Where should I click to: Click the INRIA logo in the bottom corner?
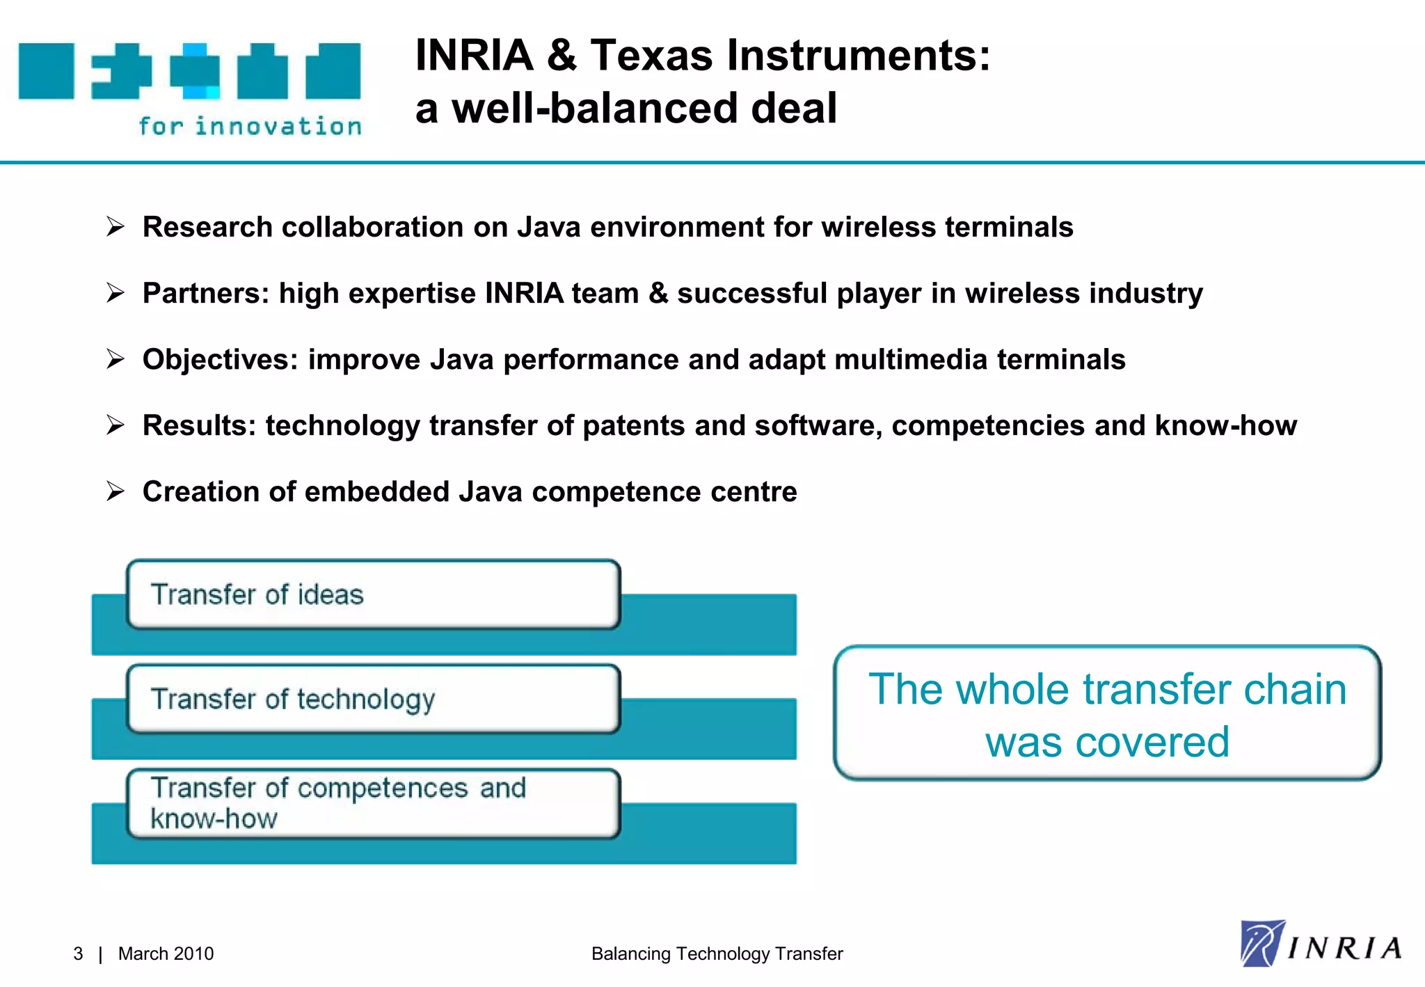tap(1321, 945)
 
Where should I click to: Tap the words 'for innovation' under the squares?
tap(250, 126)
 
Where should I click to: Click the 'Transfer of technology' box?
tap(373, 699)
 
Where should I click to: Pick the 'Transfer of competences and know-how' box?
tap(373, 803)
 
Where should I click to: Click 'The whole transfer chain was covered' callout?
tap(1107, 713)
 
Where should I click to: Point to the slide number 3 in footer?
tap(78, 954)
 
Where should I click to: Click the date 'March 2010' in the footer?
tap(166, 954)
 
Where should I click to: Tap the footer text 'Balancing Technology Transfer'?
tap(717, 954)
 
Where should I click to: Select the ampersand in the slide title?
tap(561, 55)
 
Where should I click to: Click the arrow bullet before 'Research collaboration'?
tap(116, 227)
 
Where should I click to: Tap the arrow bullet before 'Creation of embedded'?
tap(116, 491)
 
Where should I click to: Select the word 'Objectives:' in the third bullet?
tap(220, 359)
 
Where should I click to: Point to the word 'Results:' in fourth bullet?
tap(200, 425)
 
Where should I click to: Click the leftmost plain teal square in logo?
tap(46, 71)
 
